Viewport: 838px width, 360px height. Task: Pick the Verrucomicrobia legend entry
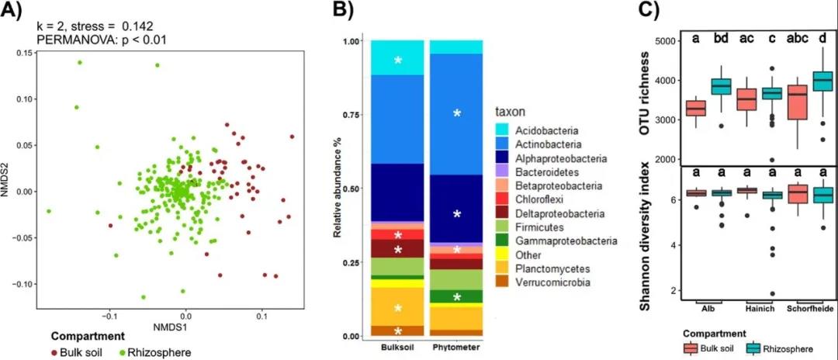[x=556, y=282]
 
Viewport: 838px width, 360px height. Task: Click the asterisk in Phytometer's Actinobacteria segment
[x=457, y=114]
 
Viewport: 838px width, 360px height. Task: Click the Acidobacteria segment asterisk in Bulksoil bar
[x=399, y=61]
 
